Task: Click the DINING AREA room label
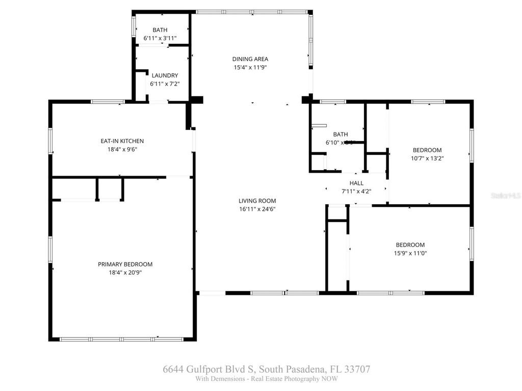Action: tap(250, 59)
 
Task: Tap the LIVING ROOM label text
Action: tap(257, 201)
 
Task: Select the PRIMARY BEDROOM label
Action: tap(125, 264)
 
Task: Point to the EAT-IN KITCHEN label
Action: tap(122, 141)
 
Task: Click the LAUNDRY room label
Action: tap(164, 75)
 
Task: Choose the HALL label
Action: tap(356, 183)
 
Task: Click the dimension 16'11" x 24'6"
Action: tap(257, 209)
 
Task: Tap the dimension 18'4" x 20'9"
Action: tap(125, 272)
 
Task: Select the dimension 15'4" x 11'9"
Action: tap(250, 67)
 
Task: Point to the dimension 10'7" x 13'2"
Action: tap(427, 158)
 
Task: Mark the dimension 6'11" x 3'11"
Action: tap(160, 39)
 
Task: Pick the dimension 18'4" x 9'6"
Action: tap(122, 149)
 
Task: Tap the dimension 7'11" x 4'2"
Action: tap(356, 191)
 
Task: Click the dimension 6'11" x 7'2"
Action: tap(164, 83)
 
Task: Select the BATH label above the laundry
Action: tap(160, 31)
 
